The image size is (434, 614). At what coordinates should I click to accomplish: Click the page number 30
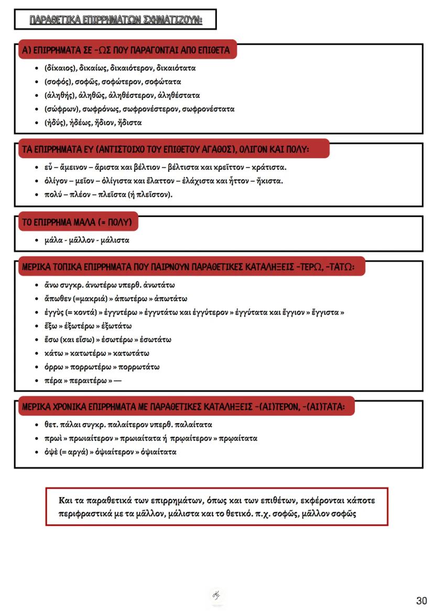click(x=421, y=600)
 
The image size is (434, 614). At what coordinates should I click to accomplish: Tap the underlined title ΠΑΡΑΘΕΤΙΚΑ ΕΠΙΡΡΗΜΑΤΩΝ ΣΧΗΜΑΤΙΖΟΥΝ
click(x=116, y=20)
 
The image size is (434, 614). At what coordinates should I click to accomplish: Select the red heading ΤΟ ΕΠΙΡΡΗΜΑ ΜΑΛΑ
click(x=79, y=222)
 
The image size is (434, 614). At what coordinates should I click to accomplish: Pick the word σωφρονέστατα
click(x=207, y=109)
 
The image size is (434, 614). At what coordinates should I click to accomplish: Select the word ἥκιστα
click(x=269, y=181)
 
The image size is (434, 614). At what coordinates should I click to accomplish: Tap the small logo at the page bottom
click(x=216, y=595)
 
